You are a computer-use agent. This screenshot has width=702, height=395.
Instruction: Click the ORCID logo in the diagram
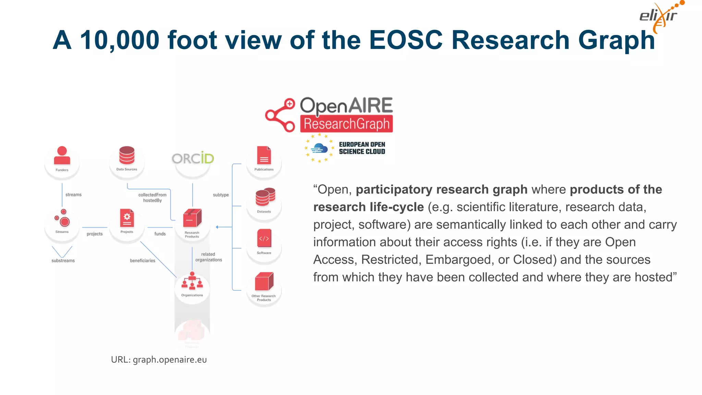(193, 158)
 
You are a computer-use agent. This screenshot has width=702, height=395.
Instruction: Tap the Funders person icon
(62, 156)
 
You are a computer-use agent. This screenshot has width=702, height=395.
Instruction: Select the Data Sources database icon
(127, 155)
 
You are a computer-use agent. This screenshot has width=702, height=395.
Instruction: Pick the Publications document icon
(264, 156)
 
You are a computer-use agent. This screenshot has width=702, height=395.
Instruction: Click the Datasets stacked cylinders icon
(265, 197)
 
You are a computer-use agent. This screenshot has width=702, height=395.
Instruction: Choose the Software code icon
(264, 238)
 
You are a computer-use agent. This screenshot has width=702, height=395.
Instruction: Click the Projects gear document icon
(127, 218)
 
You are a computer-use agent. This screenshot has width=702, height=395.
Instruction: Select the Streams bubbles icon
(62, 218)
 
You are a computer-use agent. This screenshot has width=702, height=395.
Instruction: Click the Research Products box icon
(192, 218)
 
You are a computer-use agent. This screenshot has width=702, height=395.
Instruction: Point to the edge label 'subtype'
(221, 195)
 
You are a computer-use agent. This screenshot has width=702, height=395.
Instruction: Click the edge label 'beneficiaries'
(143, 261)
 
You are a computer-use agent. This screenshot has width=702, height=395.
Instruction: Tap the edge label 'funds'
(160, 234)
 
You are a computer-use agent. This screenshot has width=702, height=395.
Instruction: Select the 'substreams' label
(63, 261)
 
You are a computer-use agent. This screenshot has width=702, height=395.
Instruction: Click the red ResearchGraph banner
(347, 124)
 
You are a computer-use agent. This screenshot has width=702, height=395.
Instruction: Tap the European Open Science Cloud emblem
(319, 148)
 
